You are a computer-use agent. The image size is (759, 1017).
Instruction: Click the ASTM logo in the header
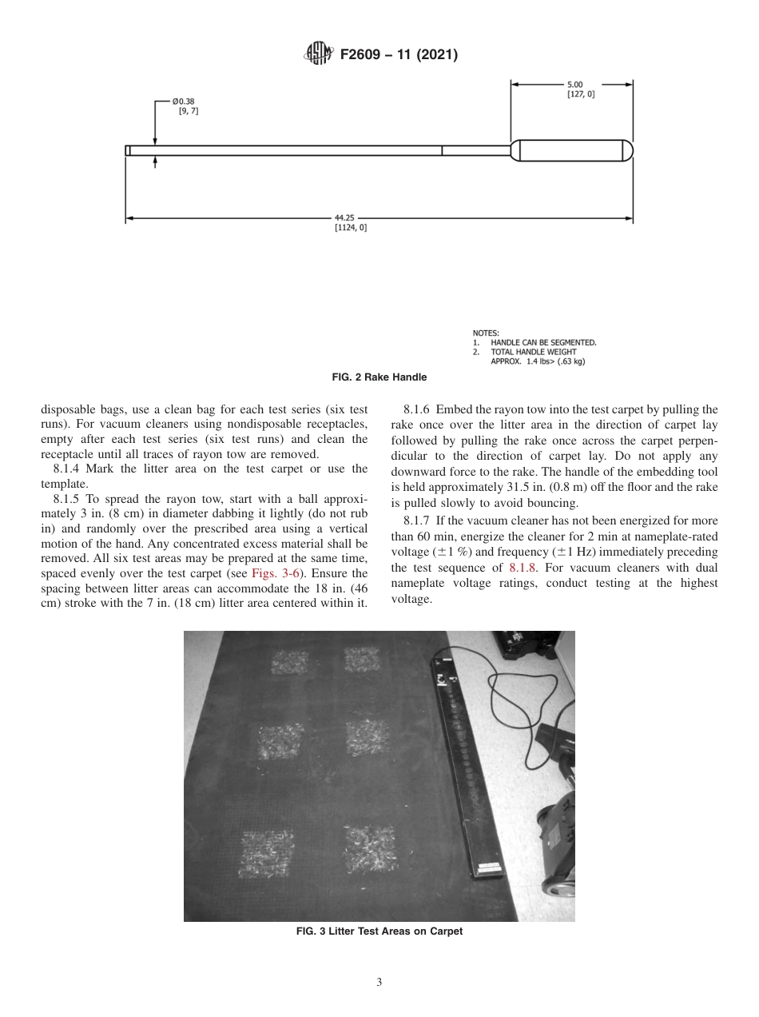[319, 55]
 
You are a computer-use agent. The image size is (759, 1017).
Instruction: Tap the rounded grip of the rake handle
[571, 150]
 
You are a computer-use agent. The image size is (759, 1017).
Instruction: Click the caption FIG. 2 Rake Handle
[379, 377]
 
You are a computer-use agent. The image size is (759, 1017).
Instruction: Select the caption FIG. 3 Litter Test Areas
[379, 931]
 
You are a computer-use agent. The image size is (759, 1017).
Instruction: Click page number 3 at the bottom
[379, 983]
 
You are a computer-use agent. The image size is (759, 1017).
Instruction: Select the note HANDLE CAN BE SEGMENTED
[543, 343]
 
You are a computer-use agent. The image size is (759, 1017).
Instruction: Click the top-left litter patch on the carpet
[288, 662]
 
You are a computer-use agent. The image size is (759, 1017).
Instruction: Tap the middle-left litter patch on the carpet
[280, 742]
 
